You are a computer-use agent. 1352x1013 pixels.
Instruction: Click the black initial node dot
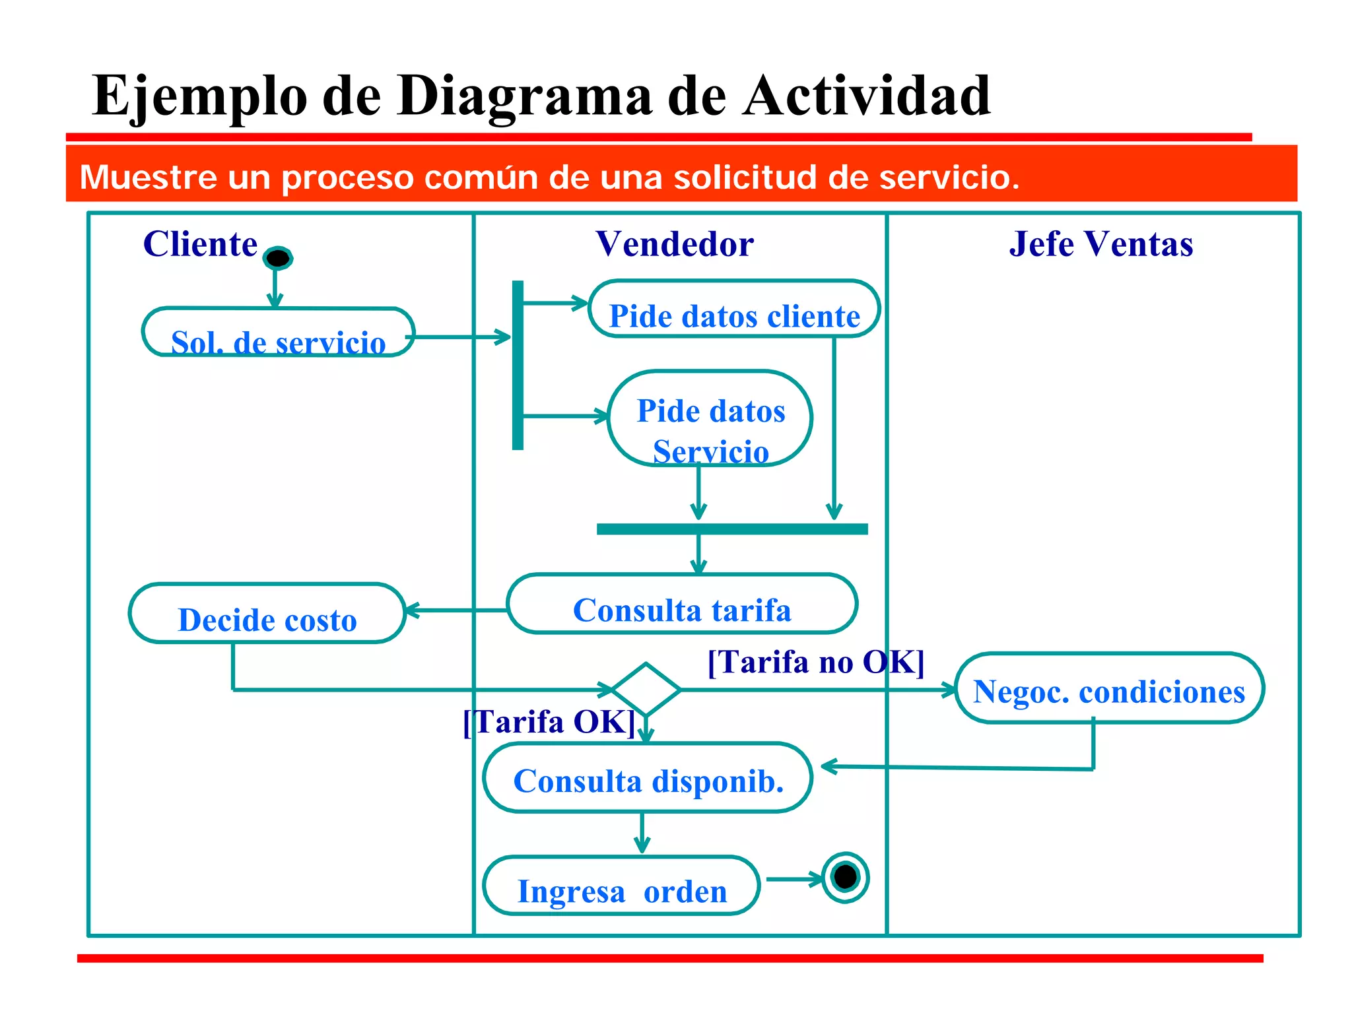click(x=277, y=258)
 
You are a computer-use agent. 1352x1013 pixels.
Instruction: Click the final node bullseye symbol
click(x=845, y=877)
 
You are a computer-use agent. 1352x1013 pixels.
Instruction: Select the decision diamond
click(x=646, y=689)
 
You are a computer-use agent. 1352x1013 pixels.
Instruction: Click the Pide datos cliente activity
click(x=733, y=310)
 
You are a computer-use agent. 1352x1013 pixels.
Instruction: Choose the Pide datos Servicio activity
click(x=710, y=418)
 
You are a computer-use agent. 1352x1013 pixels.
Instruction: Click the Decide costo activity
click(x=267, y=614)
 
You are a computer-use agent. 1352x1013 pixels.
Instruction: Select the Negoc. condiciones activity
click(x=1109, y=688)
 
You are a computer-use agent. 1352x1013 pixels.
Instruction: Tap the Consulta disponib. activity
click(x=648, y=778)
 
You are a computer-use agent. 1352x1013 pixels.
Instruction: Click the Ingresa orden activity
click(x=621, y=886)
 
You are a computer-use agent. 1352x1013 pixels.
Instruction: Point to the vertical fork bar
click(x=518, y=366)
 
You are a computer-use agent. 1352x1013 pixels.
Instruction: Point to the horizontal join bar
click(x=731, y=529)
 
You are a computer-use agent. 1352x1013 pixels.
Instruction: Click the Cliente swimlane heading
click(x=200, y=244)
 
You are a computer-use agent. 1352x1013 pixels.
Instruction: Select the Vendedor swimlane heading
click(x=674, y=244)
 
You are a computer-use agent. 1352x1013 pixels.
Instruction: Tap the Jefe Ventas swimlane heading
click(x=1100, y=244)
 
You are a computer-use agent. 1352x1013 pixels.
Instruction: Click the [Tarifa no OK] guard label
click(x=815, y=661)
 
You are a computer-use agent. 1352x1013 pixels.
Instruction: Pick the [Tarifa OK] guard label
click(x=549, y=721)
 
